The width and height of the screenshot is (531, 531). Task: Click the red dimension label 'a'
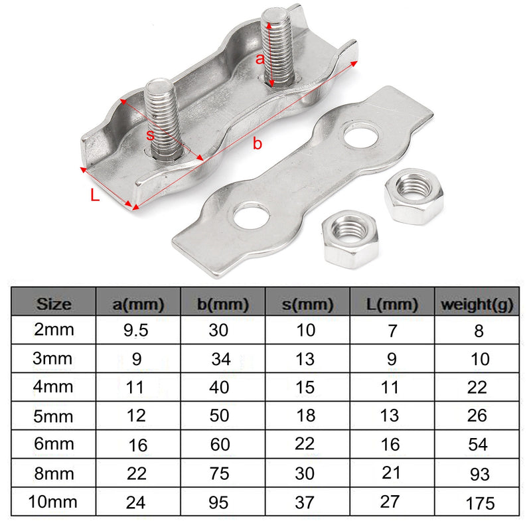(x=261, y=58)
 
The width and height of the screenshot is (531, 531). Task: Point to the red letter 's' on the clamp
(x=150, y=134)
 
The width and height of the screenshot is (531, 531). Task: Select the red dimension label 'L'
(x=95, y=196)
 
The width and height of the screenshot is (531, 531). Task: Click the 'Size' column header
(x=54, y=305)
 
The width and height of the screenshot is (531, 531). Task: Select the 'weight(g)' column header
(x=476, y=305)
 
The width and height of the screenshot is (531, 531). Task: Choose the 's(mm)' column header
(x=307, y=305)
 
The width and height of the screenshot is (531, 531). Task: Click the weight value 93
(x=478, y=474)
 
